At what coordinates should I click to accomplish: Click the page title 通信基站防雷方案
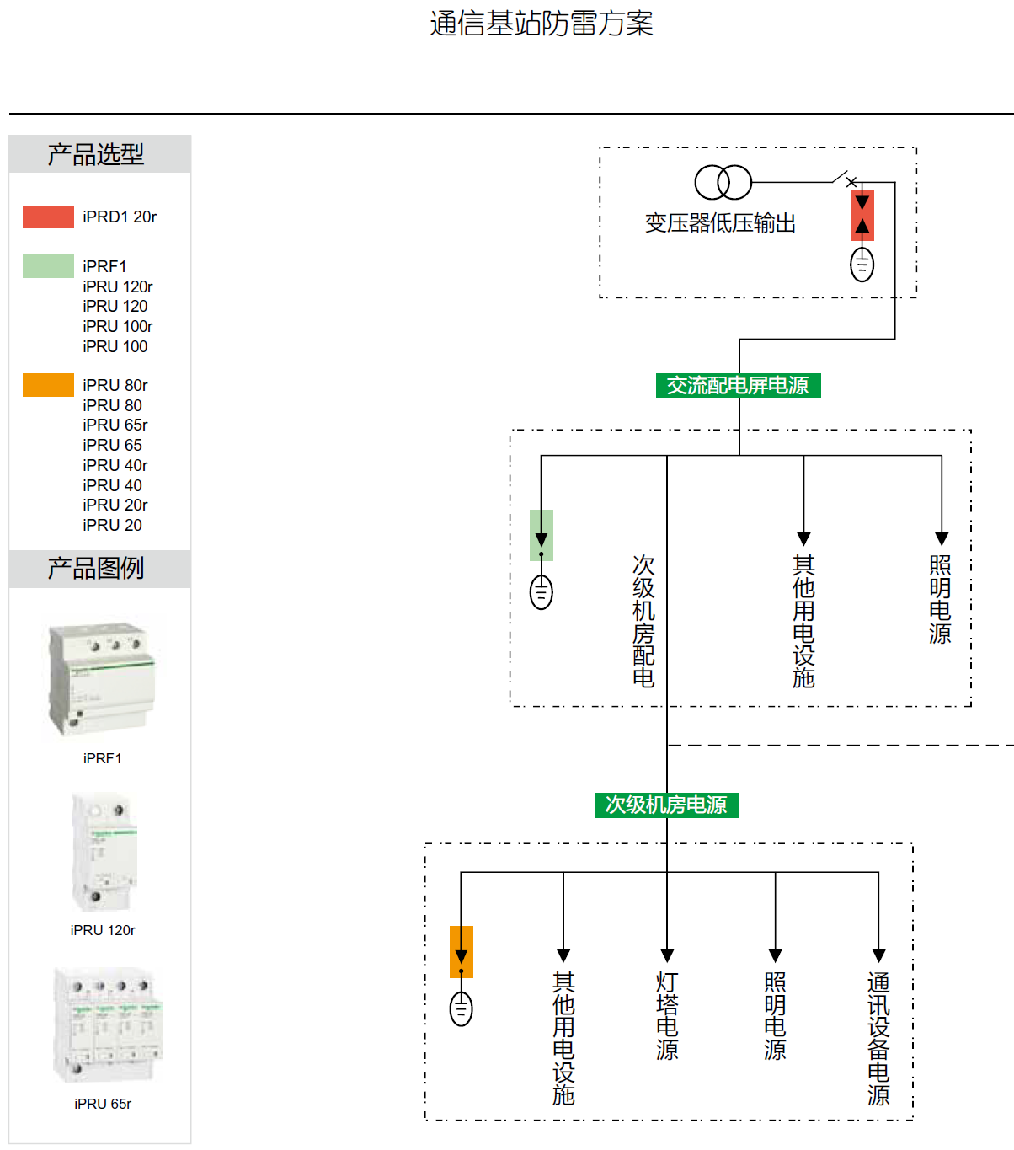[x=542, y=24]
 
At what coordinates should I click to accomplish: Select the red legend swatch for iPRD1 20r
[x=48, y=217]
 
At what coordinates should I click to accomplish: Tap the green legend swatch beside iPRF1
[x=48, y=266]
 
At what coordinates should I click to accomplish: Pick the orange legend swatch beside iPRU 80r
[x=48, y=385]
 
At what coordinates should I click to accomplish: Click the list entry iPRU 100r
[x=118, y=326]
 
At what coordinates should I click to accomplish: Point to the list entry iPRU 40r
[x=115, y=465]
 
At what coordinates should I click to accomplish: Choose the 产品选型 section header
[x=96, y=154]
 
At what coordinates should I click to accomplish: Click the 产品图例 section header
[x=96, y=569]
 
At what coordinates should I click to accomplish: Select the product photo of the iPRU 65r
[x=106, y=1026]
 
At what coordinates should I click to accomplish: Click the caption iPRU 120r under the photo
[x=103, y=930]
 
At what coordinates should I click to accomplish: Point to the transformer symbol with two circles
[x=723, y=182]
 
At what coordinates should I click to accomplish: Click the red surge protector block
[x=862, y=215]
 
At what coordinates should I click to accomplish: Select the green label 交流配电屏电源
[x=738, y=386]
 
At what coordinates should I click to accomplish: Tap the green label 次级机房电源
[x=666, y=805]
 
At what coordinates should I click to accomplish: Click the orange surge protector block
[x=462, y=951]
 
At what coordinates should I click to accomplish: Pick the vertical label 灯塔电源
[x=667, y=1015]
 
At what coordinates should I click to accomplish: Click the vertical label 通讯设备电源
[x=878, y=1038]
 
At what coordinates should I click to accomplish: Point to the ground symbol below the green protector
[x=542, y=591]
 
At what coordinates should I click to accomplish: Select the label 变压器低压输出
[x=720, y=223]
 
